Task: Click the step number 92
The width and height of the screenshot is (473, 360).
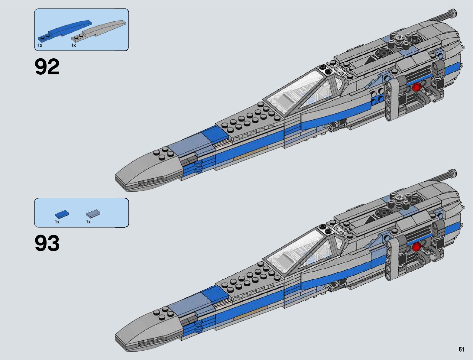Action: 47,67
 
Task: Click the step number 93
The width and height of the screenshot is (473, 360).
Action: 47,243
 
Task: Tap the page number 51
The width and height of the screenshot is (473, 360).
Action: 461,349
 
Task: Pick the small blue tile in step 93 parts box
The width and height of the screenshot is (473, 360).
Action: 62,214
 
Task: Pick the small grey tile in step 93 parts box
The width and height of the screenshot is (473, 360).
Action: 93,214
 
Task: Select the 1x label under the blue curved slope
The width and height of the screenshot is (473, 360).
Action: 40,45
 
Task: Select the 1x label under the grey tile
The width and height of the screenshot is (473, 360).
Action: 88,222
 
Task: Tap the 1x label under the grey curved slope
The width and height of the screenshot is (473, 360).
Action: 74,45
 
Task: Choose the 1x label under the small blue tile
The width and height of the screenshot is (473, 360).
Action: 57,222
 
